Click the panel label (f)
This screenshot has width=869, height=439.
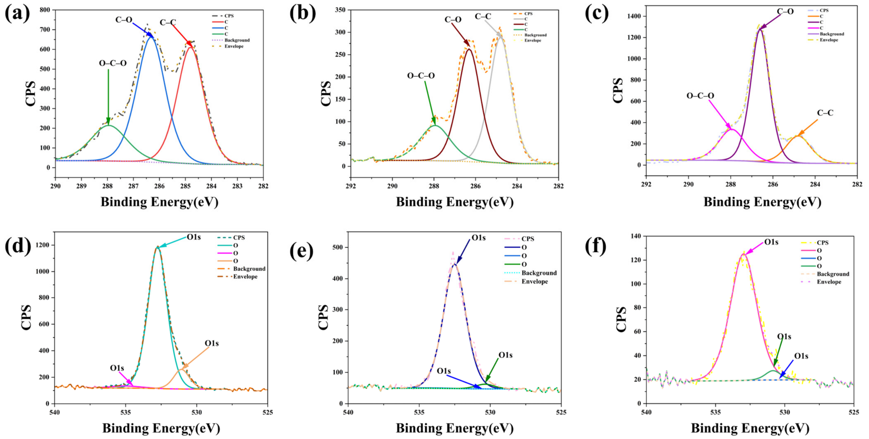click(x=596, y=246)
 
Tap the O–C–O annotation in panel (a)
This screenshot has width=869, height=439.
click(x=113, y=63)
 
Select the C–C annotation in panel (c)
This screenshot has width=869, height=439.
click(x=825, y=113)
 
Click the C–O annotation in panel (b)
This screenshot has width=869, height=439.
click(x=453, y=20)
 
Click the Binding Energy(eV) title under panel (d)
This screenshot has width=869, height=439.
click(x=161, y=428)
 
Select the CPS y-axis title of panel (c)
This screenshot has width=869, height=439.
click(x=618, y=91)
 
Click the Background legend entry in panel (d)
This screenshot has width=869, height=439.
click(x=241, y=269)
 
